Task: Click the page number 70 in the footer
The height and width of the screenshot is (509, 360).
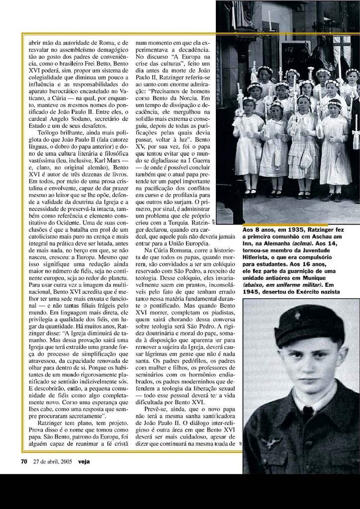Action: pyautogui.click(x=23, y=461)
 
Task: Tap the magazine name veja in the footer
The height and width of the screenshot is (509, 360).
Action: pyautogui.click(x=84, y=461)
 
